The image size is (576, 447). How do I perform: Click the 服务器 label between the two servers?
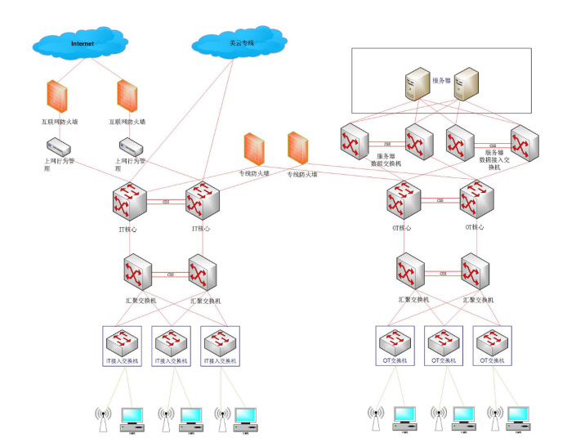tap(442, 81)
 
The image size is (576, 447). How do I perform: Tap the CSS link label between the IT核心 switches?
tap(165, 201)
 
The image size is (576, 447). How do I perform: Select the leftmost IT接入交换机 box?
tap(127, 346)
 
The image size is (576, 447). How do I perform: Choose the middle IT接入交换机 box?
tap(175, 346)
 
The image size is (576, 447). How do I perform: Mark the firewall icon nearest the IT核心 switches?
tap(253, 150)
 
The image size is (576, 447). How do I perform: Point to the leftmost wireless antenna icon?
tap(102, 418)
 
